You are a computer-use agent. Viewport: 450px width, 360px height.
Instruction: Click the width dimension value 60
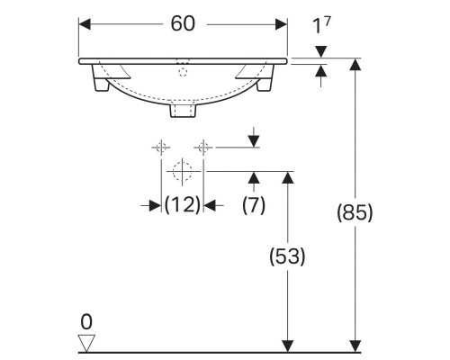184,24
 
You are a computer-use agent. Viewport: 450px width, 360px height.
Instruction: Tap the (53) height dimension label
288,256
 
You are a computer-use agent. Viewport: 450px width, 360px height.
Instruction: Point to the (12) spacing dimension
182,205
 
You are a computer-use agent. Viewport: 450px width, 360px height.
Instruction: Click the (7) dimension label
254,205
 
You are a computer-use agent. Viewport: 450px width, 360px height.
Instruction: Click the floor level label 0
86,321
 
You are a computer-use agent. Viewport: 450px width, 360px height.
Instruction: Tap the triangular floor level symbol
86,342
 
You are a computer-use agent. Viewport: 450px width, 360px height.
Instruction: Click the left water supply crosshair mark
162,146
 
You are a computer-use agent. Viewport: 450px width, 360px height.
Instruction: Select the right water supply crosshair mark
204,146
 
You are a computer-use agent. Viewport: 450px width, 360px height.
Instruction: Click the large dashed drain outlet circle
183,170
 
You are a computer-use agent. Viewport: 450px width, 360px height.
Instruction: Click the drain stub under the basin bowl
183,112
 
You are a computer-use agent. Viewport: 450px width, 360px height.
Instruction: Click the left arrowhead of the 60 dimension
85,24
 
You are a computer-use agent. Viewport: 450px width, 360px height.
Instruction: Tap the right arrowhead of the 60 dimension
282,24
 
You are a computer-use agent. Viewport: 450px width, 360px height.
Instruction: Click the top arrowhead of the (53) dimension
288,176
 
